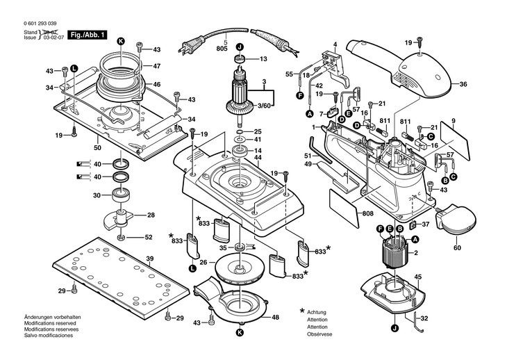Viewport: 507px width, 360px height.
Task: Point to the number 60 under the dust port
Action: point(456,247)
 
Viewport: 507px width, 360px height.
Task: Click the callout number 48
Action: point(275,318)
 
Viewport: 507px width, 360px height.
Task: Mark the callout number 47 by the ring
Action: point(157,66)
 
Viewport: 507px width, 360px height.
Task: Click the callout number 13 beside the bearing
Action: point(263,60)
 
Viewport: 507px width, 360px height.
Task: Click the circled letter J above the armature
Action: point(240,47)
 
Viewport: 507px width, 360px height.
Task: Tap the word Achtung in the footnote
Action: point(317,313)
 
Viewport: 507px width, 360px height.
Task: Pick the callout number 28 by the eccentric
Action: point(150,215)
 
